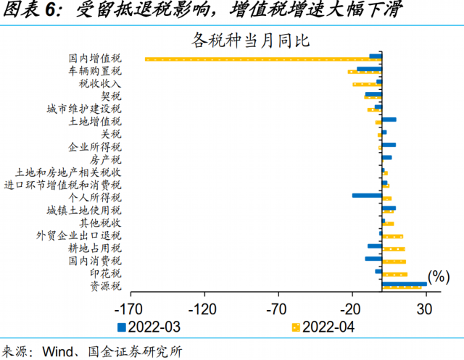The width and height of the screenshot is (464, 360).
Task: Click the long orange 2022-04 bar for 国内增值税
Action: [x=261, y=59]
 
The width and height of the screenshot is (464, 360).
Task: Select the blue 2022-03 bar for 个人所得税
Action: [x=367, y=195]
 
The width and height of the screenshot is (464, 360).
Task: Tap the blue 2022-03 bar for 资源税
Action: [x=405, y=284]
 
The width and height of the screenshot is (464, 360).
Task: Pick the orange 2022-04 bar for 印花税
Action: [x=395, y=275]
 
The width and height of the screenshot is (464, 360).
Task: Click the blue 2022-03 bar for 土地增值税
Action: [x=389, y=119]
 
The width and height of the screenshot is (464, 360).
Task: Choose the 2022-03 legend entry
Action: [x=149, y=327]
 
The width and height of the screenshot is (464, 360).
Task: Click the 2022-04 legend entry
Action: [x=322, y=327]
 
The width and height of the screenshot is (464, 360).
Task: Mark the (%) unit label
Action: [x=439, y=276]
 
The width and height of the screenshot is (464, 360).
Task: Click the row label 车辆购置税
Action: [x=95, y=71]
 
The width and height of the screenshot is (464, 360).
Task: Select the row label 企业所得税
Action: [x=95, y=146]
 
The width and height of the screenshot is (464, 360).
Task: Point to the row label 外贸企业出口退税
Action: [x=79, y=235]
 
